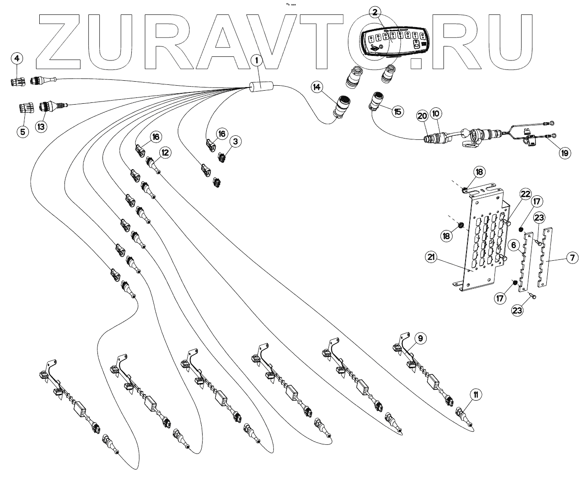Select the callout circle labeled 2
pos(376,13)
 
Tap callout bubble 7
pos(571,258)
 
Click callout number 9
pos(420,337)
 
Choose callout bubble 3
pos(234,141)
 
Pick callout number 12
pos(165,152)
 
